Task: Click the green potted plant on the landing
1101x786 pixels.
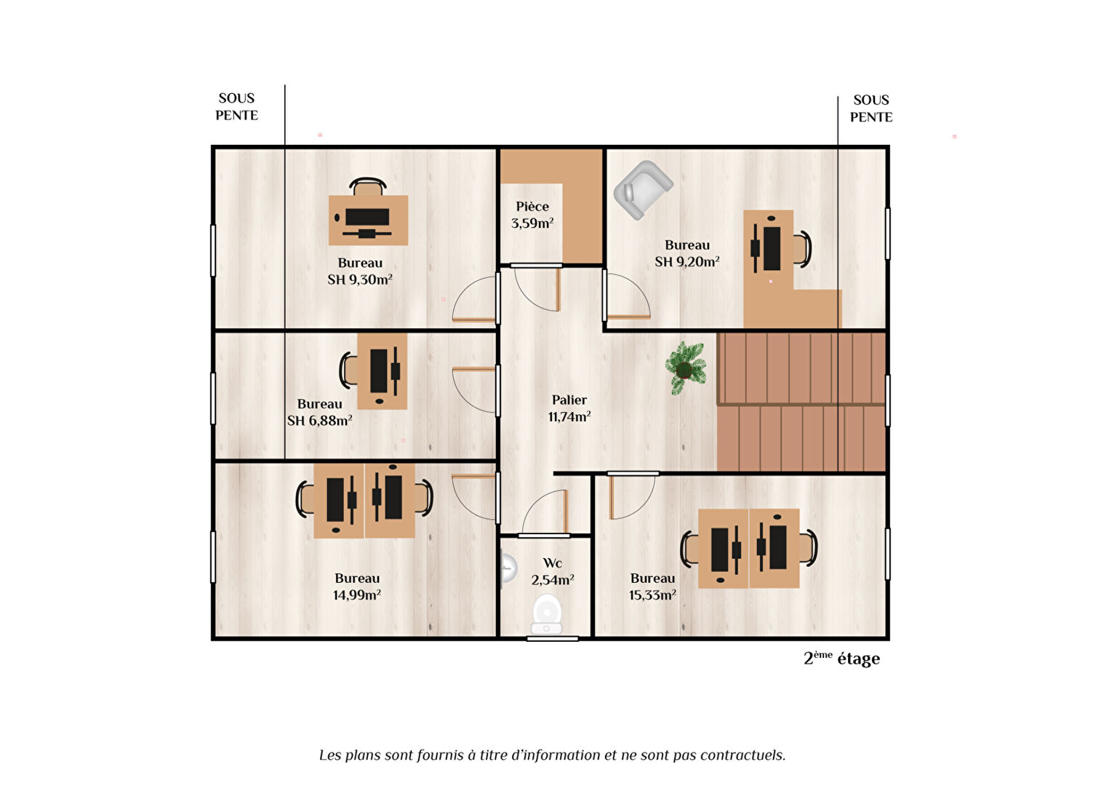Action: point(686,368)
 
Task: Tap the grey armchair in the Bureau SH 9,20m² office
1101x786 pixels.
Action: point(643,190)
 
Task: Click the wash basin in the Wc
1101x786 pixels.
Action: point(508,568)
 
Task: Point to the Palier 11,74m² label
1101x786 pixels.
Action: point(569,408)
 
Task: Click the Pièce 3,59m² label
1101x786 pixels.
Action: point(532,215)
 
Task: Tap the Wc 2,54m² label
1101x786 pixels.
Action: point(553,571)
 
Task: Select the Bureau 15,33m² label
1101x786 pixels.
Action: point(653,587)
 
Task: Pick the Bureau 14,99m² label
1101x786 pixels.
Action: point(357,587)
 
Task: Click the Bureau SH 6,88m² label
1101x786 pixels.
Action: point(319,412)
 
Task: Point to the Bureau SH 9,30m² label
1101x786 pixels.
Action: point(360,271)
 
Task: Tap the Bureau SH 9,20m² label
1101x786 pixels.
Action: point(687,253)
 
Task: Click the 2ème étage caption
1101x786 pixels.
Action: point(841,658)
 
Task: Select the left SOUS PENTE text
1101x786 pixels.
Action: point(236,107)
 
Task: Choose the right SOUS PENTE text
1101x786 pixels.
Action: point(871,108)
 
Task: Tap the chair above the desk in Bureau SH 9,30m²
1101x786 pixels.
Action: point(368,186)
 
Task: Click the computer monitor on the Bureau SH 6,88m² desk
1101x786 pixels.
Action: point(378,371)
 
